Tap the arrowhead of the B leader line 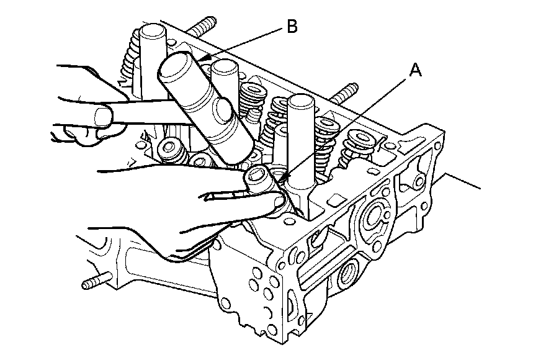click(204, 60)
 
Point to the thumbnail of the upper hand click(103, 115)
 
